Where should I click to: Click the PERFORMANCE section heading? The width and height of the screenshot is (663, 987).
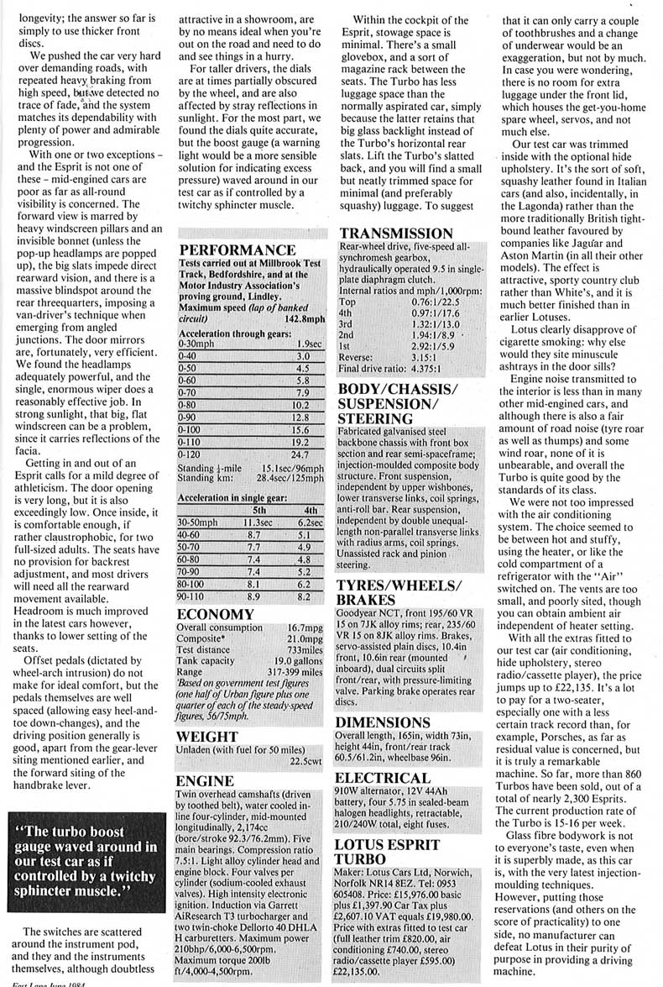(237, 249)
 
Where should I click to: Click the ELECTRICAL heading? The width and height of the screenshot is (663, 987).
(384, 778)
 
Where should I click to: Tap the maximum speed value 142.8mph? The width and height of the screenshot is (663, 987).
(305, 320)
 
